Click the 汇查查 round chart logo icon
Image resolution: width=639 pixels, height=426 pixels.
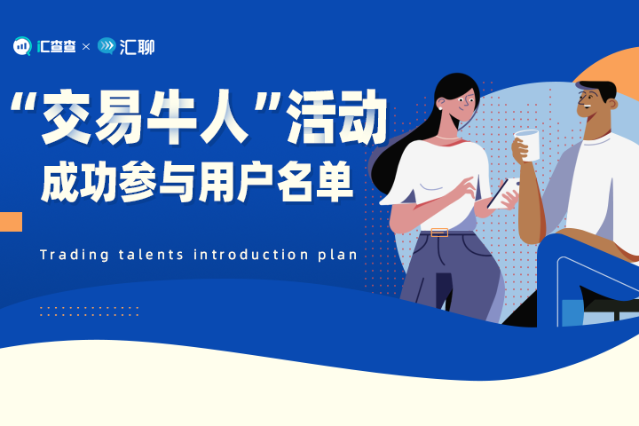pos(22,46)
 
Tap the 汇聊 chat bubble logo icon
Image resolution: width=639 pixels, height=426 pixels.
pos(106,45)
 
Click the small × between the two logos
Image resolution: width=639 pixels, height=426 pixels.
pos(85,47)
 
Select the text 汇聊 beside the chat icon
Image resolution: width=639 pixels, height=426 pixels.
pos(137,47)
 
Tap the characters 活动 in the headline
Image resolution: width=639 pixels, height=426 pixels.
pos(336,117)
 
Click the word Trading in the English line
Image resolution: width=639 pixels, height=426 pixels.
pos(75,256)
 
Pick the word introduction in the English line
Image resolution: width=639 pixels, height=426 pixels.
pos(250,255)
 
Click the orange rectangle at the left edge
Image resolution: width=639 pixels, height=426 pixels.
pos(11,222)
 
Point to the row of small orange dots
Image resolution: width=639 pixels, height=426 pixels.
pos(90,312)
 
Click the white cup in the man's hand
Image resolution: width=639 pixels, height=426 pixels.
pos(528,145)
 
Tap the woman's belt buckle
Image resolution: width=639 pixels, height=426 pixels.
pos(439,233)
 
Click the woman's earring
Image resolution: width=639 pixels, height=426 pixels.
pos(440,108)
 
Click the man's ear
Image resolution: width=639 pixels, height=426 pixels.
pos(611,103)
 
